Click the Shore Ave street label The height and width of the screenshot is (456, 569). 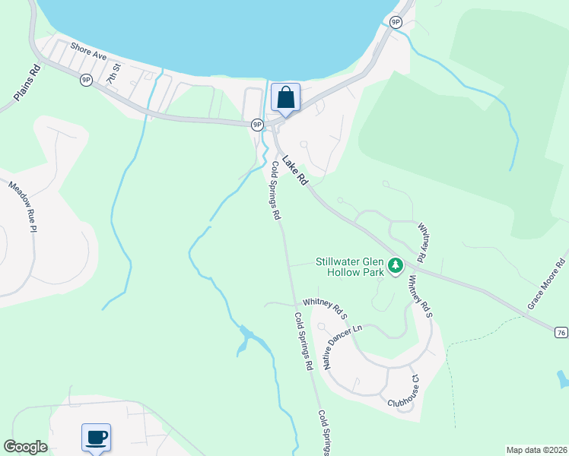coord(88,51)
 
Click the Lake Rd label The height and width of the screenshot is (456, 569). coord(294,171)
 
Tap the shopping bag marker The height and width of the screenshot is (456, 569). coord(285,98)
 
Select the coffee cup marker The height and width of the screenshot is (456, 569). coord(96,438)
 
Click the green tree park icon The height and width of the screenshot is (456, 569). coord(395,266)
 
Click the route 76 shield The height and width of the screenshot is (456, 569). coord(561,332)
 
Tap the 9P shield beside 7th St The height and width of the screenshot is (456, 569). coord(86,80)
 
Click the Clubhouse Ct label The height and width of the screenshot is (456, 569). coord(404,390)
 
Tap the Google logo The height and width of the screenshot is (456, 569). coord(26,447)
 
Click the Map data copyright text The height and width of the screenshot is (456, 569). coord(536,450)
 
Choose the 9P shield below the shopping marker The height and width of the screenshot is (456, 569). coord(257,124)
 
